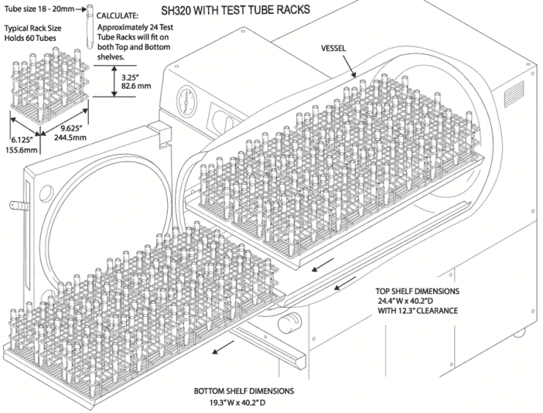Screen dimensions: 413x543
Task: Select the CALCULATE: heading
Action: pyautogui.click(x=118, y=15)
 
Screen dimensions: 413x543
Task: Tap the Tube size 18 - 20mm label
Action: pyautogui.click(x=40, y=9)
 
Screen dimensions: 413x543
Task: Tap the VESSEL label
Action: pyautogui.click(x=335, y=48)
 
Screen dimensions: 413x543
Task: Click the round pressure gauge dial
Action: pyautogui.click(x=185, y=99)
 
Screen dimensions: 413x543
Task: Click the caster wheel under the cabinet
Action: pyautogui.click(x=517, y=334)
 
